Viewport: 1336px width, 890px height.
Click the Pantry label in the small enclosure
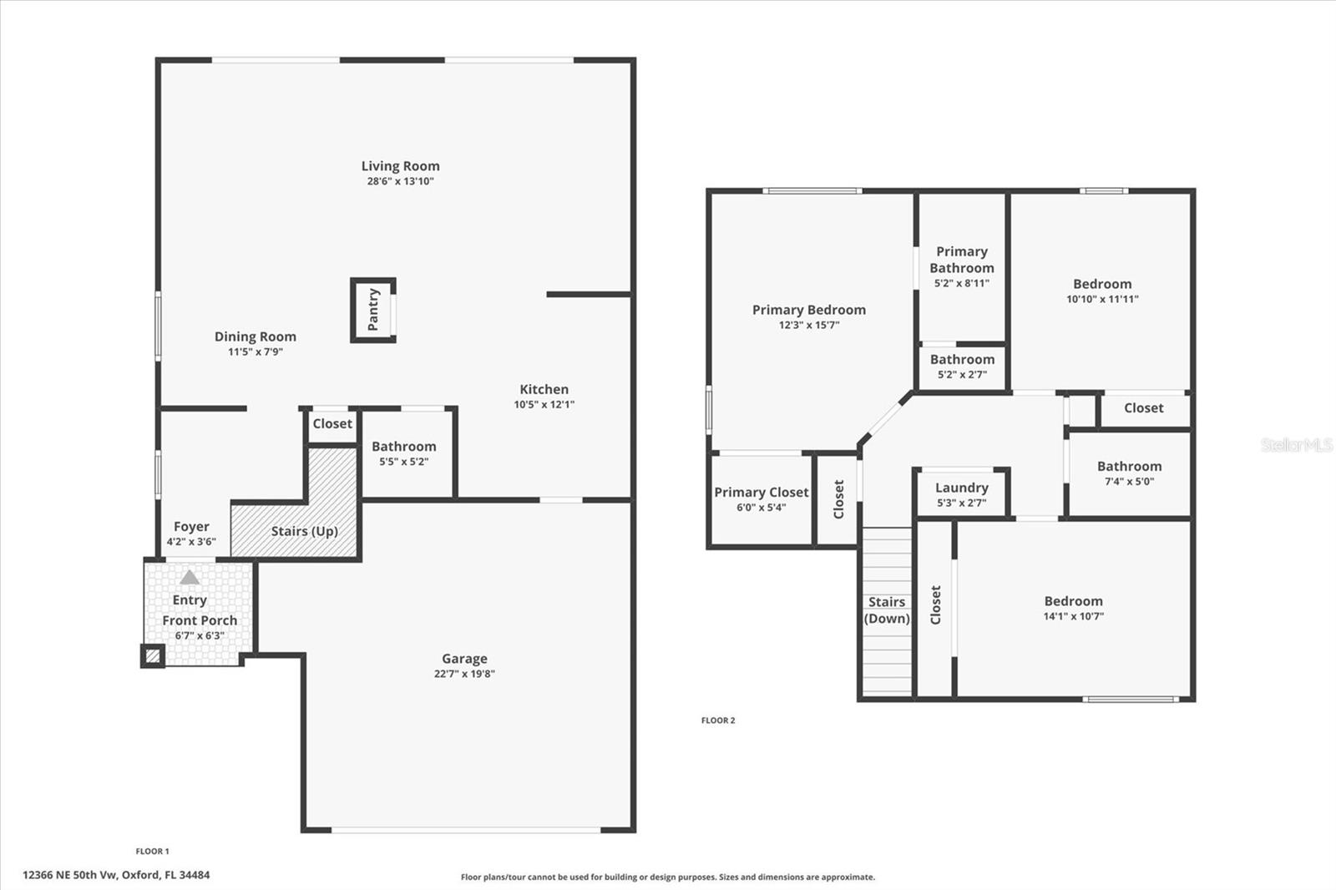(x=373, y=310)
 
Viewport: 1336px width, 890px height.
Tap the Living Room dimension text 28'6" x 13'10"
(x=400, y=181)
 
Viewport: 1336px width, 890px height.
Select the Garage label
(x=464, y=659)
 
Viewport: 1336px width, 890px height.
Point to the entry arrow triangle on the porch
(x=190, y=577)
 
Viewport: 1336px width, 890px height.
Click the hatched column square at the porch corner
(x=152, y=656)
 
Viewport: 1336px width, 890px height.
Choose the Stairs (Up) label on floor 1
(x=304, y=531)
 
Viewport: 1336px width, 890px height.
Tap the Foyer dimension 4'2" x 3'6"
(x=191, y=542)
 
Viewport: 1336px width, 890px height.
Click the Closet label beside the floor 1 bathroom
(x=332, y=424)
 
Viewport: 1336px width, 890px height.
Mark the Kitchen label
(x=544, y=389)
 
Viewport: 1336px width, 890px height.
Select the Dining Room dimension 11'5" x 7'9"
(x=256, y=352)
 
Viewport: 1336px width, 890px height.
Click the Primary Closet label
(x=761, y=493)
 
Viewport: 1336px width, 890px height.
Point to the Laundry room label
(x=961, y=488)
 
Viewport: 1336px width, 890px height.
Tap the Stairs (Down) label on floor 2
(x=887, y=610)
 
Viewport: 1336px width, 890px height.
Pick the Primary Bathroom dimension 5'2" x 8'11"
(x=962, y=283)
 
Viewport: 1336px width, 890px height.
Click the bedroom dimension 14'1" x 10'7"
(x=1073, y=617)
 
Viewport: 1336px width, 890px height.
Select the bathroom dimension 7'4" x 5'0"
(x=1129, y=482)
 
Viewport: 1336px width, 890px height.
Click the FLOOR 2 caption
(x=718, y=721)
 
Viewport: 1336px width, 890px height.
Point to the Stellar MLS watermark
(x=1296, y=445)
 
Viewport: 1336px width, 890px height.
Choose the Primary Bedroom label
(x=808, y=310)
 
